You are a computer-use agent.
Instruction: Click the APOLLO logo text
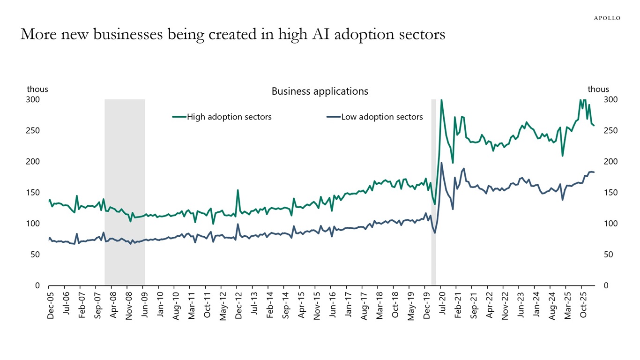607,18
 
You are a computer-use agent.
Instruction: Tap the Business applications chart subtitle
320,91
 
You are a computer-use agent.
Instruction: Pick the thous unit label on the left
37,89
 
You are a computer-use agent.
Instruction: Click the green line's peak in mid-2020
441,100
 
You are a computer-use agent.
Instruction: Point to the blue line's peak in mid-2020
441,163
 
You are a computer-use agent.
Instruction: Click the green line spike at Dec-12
238,190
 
